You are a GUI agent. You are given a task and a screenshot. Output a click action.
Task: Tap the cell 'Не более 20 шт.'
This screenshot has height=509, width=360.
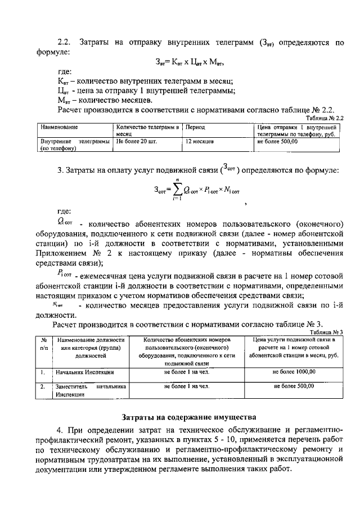coord(136,142)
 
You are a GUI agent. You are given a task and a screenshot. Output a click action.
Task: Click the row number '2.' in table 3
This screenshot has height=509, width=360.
coord(43,387)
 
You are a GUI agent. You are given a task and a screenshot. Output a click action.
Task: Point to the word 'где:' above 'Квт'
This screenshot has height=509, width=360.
coord(65,72)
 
